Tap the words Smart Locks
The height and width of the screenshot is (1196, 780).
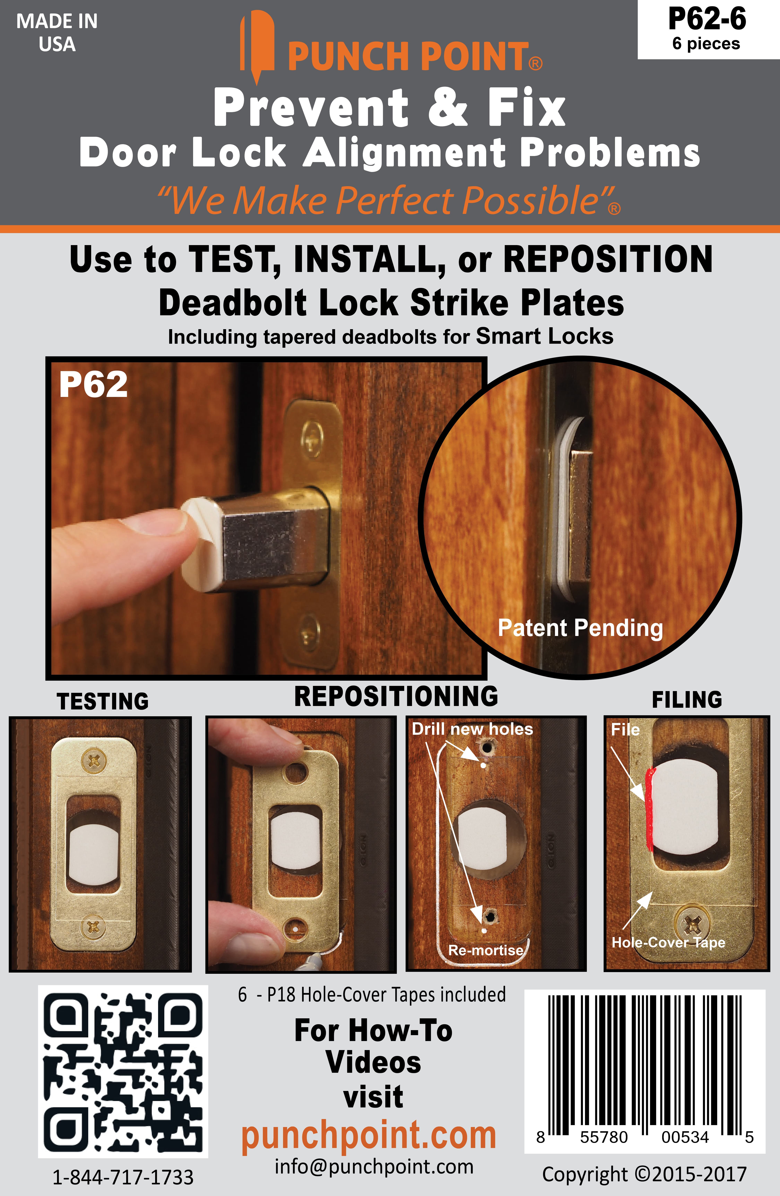click(x=545, y=336)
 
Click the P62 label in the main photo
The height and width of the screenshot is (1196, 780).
click(x=93, y=385)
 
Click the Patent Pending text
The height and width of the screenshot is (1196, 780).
click(x=580, y=628)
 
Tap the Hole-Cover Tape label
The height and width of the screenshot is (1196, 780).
click(x=668, y=942)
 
